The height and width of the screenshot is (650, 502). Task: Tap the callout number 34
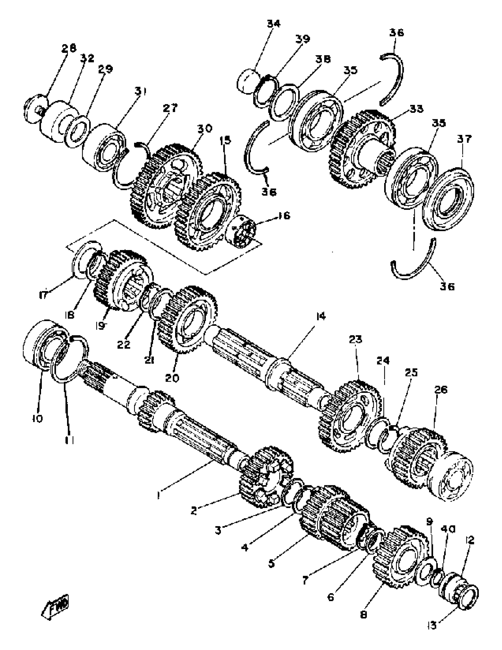(273, 24)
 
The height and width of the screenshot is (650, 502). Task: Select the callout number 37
(464, 139)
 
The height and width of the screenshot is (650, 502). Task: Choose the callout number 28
(69, 48)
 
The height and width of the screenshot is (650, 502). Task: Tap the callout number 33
(416, 109)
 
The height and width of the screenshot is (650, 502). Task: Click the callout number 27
(170, 108)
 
